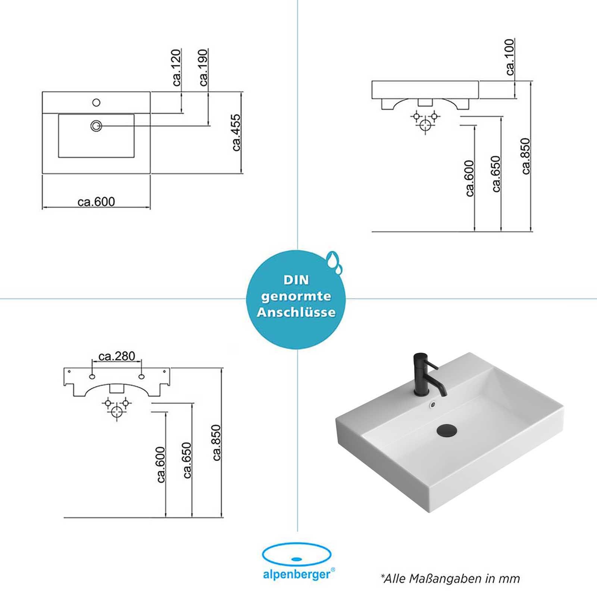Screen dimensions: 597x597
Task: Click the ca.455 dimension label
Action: click(x=237, y=132)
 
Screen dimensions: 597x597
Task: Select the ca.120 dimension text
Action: click(x=177, y=67)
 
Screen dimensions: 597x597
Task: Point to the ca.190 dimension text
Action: click(x=204, y=67)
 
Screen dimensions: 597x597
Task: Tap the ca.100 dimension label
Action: click(x=510, y=57)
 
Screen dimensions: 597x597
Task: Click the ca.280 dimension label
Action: click(x=117, y=356)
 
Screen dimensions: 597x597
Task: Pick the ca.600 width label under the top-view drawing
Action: click(x=96, y=202)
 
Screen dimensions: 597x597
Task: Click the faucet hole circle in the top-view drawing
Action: click(x=96, y=102)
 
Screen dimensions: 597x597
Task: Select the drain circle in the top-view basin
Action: click(x=96, y=126)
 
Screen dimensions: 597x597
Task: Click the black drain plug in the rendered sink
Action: click(x=447, y=429)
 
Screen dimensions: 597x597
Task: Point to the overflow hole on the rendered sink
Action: click(x=433, y=404)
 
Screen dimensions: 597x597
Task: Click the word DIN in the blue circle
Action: click(x=296, y=280)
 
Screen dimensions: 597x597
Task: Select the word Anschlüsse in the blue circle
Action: click(x=296, y=312)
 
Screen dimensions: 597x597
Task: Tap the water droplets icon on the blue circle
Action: click(x=334, y=262)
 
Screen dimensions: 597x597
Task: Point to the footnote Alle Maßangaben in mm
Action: click(x=450, y=578)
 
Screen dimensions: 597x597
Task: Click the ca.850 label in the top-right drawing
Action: click(x=525, y=156)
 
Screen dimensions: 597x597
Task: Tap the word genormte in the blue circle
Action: click(x=296, y=297)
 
